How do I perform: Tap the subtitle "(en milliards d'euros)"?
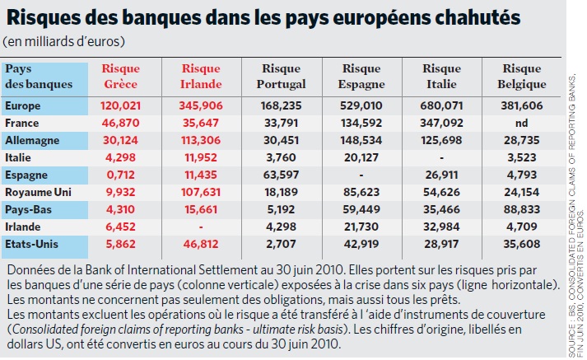coord(63,41)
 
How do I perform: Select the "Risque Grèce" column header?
coord(120,76)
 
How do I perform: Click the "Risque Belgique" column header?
coord(521,76)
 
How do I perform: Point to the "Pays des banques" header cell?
coord(39,76)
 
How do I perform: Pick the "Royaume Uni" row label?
coord(38,192)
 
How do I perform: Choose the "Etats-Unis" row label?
coord(31,244)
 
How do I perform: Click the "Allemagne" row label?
coord(32,141)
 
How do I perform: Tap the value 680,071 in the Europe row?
coord(441,105)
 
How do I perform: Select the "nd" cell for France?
coord(521,123)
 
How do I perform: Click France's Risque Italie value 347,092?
coord(441,123)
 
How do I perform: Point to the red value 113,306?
coord(201,141)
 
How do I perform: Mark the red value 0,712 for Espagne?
coord(120,175)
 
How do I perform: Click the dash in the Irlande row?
coord(201,227)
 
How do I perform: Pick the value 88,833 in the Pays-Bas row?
coord(521,209)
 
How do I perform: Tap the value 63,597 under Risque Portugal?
coord(281,175)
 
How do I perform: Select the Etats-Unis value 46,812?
coord(201,244)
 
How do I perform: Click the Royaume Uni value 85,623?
coord(361,192)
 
